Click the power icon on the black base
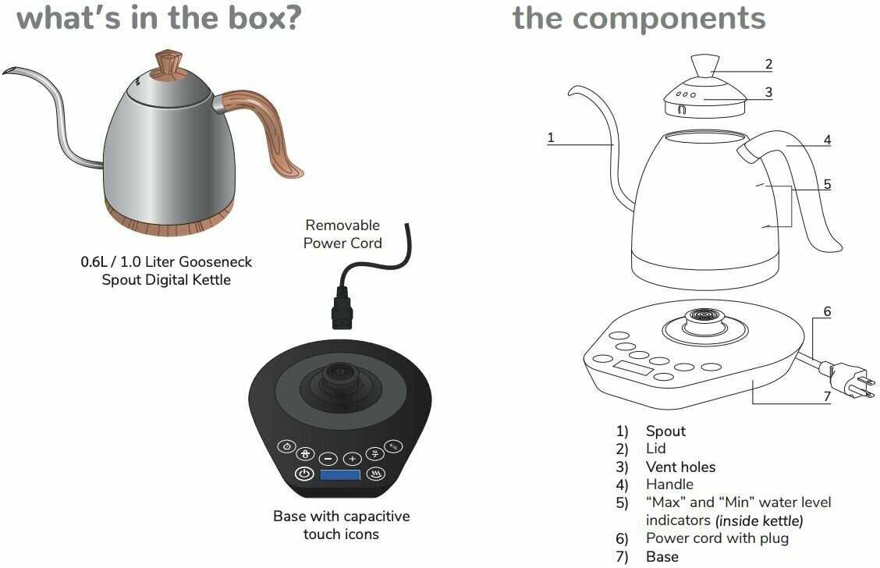304,474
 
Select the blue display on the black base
340,475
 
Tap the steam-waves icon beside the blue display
377,474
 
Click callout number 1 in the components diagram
551,138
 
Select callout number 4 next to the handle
827,140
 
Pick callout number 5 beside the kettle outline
827,185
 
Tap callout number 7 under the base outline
827,396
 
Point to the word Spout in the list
665,431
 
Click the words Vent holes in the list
680,467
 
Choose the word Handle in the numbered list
669,485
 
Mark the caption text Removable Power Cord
342,234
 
